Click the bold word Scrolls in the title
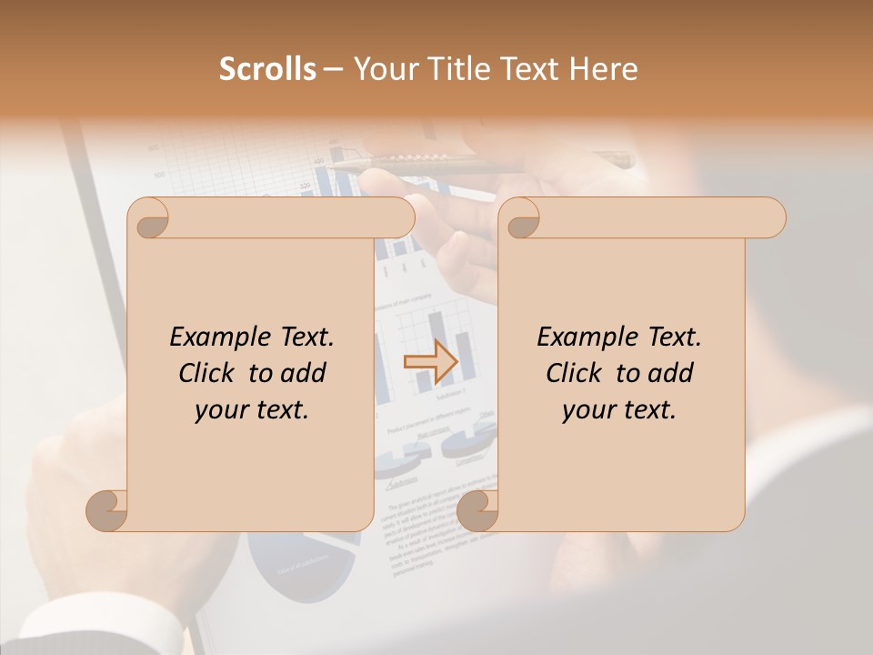pos(267,69)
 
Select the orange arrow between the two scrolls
pos(430,362)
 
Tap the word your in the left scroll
pos(222,410)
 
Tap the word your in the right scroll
pos(589,410)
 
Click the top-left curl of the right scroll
pos(520,219)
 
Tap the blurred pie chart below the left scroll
pos(300,564)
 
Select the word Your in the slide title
pos(381,69)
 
